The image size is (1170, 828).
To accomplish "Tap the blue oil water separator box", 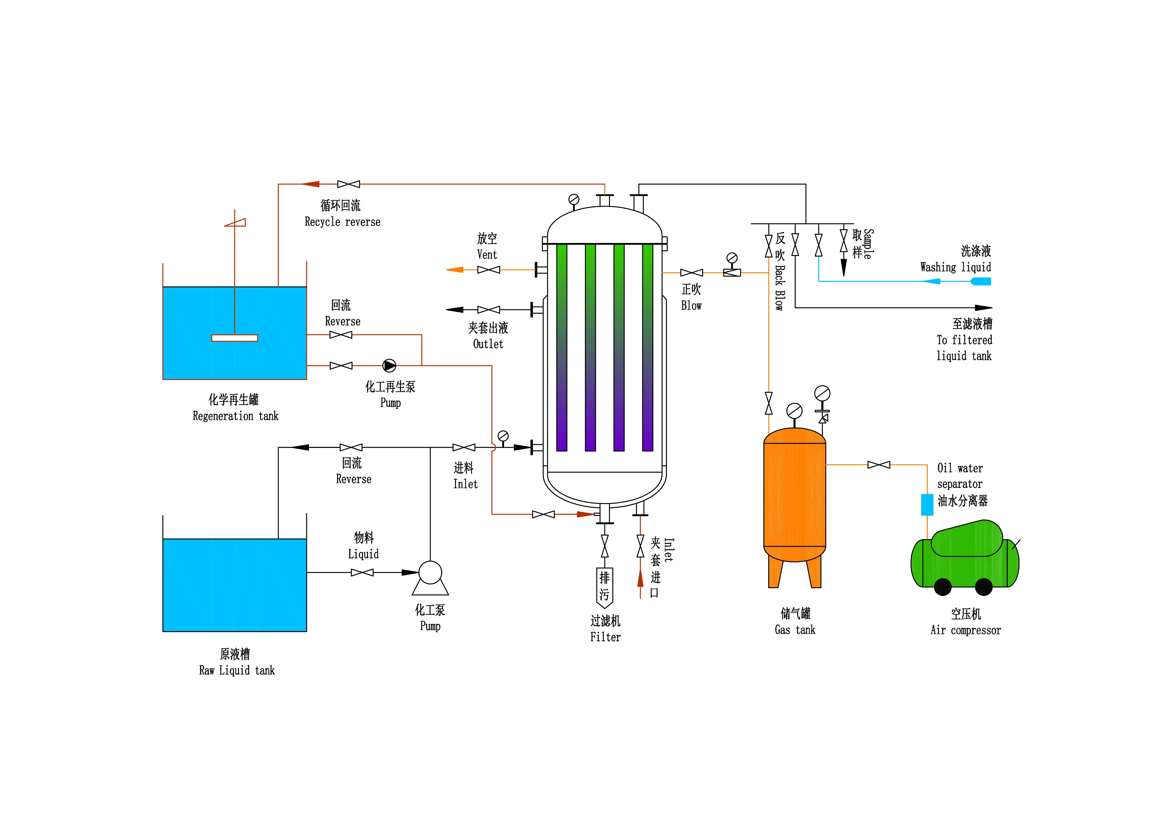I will pos(927,505).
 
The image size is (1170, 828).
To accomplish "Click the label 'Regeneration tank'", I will pos(236,416).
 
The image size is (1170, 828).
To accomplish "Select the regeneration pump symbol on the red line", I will pos(389,366).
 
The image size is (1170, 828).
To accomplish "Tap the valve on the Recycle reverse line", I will pos(348,184).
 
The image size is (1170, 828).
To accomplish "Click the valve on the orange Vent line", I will pos(489,270).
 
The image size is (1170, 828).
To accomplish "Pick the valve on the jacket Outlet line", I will pos(489,309).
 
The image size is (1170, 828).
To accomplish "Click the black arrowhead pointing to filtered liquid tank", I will pos(984,308).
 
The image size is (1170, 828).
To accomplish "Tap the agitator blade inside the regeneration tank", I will pos(234,338).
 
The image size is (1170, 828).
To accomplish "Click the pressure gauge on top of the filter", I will pos(574,199).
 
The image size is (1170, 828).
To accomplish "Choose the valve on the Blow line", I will pos(691,273).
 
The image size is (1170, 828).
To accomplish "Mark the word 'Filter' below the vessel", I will pos(605,637).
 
